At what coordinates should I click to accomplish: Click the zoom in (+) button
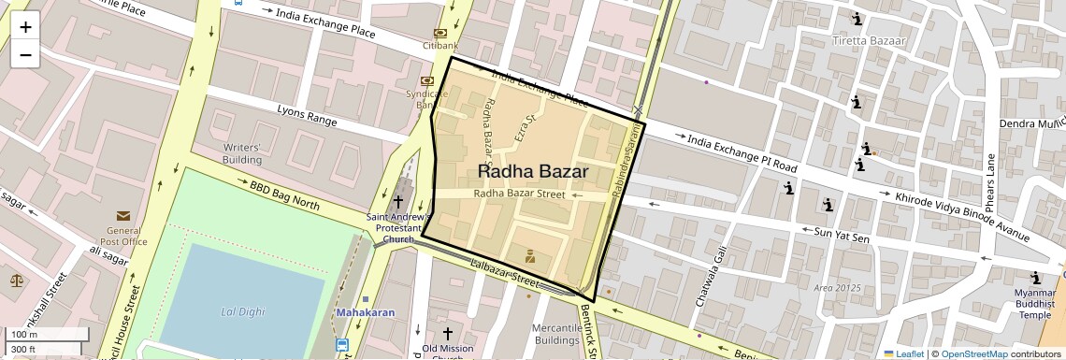(x=25, y=27)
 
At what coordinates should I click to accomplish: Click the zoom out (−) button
(x=25, y=54)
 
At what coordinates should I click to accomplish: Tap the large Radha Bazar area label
(x=533, y=172)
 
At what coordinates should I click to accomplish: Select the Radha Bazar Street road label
(x=519, y=194)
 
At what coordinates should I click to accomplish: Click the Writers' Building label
(x=241, y=153)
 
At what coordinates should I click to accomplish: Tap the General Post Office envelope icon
(x=123, y=216)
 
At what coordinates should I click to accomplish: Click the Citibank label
(x=440, y=45)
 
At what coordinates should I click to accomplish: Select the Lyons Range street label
(x=307, y=115)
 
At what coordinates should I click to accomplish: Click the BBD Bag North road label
(x=284, y=194)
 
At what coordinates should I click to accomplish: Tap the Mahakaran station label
(x=365, y=312)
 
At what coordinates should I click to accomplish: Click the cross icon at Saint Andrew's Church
(x=398, y=201)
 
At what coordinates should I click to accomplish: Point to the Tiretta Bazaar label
(x=870, y=41)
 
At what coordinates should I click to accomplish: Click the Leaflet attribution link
(x=904, y=353)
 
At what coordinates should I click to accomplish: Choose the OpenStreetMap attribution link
(x=973, y=353)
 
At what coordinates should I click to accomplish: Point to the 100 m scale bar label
(x=23, y=335)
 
